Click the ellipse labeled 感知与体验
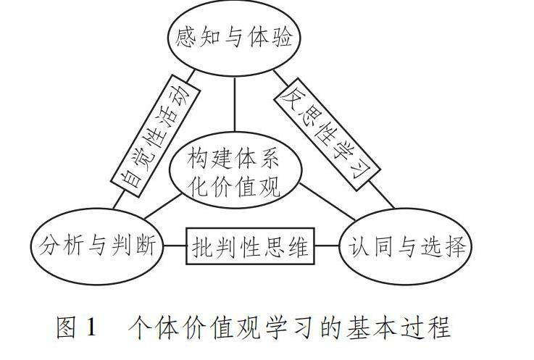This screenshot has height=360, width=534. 233,37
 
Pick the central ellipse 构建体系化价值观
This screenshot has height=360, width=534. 233,172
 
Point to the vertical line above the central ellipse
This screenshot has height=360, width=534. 234,106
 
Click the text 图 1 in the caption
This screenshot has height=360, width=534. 75,328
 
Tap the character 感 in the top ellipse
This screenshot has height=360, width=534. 187,37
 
